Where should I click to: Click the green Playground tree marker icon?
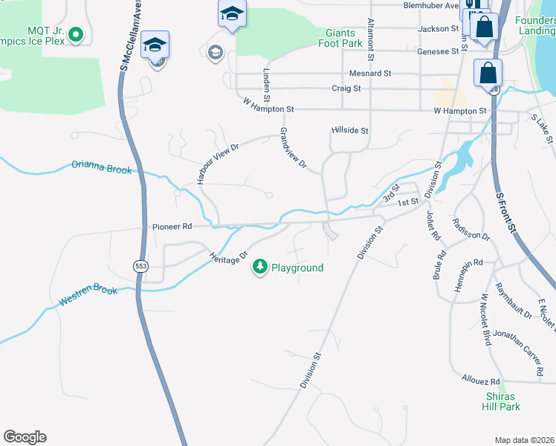[x=259, y=267]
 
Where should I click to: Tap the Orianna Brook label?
[x=101, y=167]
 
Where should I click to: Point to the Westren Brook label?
[x=88, y=295]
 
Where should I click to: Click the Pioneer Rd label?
[x=172, y=226]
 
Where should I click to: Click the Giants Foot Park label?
[x=343, y=39]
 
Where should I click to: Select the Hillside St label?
[x=349, y=130]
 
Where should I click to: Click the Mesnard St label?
[x=370, y=74]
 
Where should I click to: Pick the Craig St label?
[x=346, y=88]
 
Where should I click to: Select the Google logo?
[x=25, y=437]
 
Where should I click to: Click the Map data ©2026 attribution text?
[x=525, y=440]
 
